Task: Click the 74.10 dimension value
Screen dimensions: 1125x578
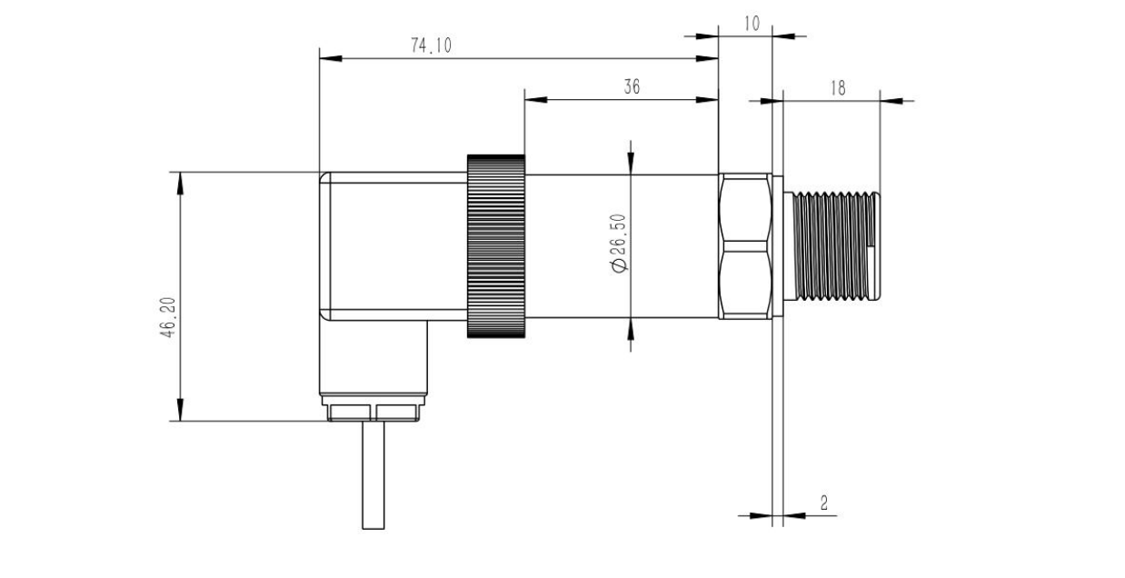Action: click(x=432, y=45)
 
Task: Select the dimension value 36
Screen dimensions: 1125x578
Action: click(x=632, y=87)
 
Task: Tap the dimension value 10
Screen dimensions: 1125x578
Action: click(x=752, y=24)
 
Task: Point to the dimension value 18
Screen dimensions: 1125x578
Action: click(x=838, y=88)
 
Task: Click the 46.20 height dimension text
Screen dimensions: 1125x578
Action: click(x=169, y=317)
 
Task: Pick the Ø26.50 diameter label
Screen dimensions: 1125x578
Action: click(x=619, y=243)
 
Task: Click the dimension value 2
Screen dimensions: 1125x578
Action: click(x=824, y=503)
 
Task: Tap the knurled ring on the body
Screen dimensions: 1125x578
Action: click(x=496, y=246)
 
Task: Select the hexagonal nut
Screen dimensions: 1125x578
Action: click(x=745, y=246)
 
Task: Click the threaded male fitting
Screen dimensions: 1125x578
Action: click(x=831, y=246)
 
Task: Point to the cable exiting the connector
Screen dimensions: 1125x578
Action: click(x=373, y=475)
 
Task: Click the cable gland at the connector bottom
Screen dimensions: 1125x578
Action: click(x=373, y=408)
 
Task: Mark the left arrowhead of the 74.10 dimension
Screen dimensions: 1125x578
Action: click(x=331, y=58)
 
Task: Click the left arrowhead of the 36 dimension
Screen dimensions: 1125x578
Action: click(x=536, y=100)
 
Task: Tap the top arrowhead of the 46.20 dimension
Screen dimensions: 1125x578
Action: click(x=180, y=184)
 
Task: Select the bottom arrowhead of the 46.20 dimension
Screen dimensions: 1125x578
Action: click(x=180, y=410)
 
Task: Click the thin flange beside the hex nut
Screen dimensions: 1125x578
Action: click(x=778, y=246)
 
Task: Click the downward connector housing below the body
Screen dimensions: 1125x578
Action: click(x=373, y=357)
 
